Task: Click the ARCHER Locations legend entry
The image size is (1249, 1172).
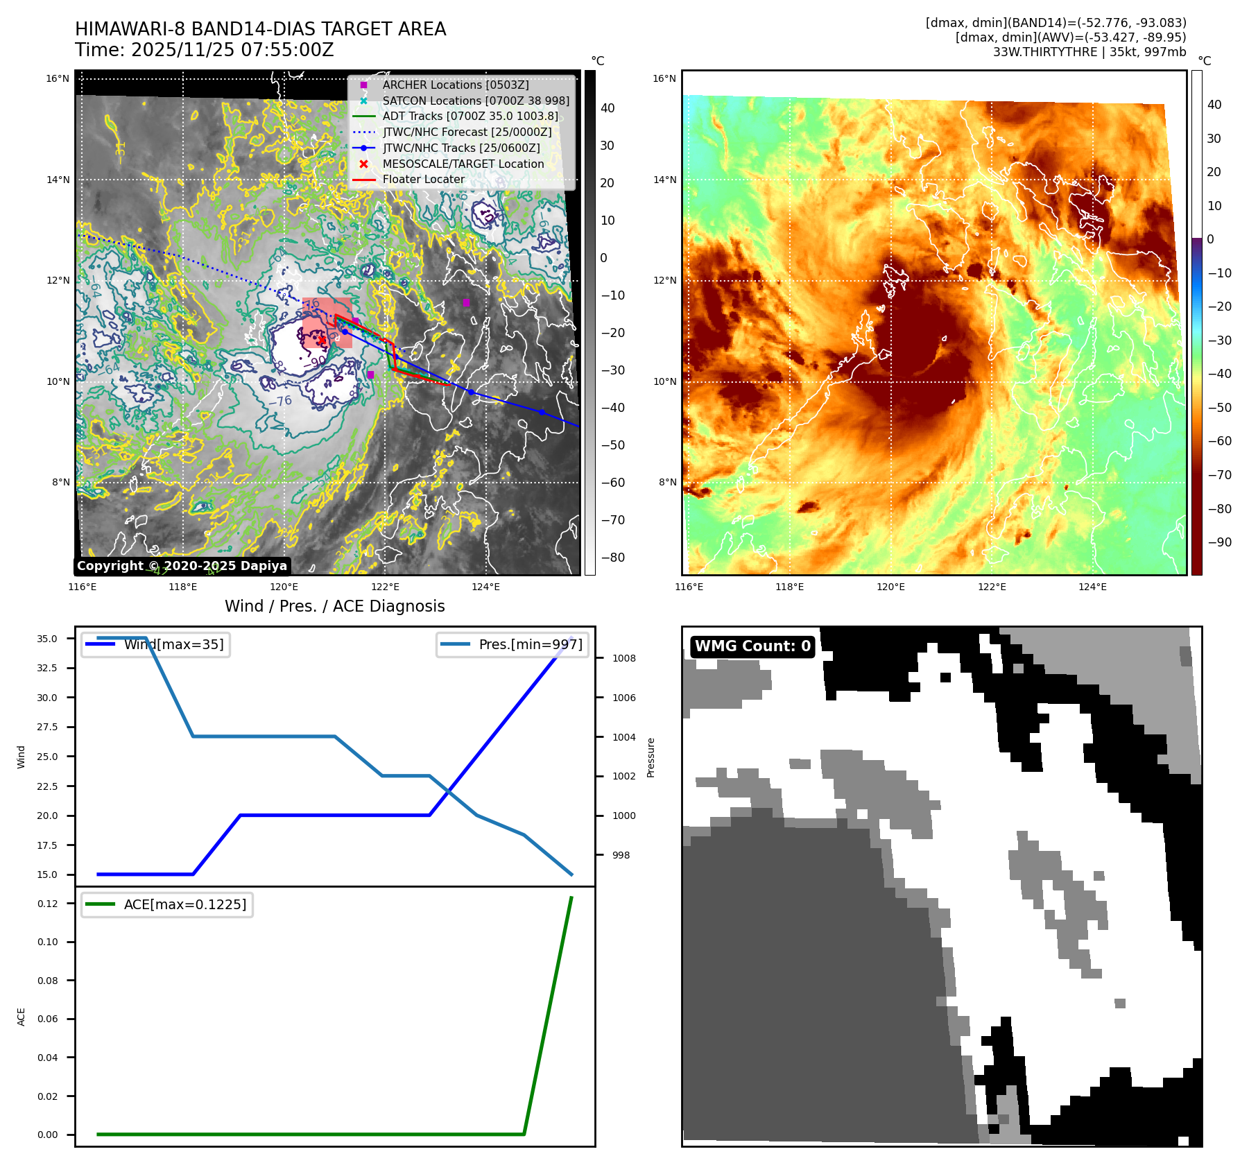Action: tap(455, 85)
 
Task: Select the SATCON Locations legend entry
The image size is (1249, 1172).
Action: tap(475, 101)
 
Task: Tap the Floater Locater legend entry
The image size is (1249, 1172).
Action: tap(423, 179)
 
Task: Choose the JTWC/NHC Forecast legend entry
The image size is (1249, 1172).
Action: tap(467, 132)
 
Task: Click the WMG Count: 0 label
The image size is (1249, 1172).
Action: tap(752, 646)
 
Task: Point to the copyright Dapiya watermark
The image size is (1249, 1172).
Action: tap(182, 566)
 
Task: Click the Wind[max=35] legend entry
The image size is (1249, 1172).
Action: tap(173, 644)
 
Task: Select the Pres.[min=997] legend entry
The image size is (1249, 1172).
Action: tap(530, 644)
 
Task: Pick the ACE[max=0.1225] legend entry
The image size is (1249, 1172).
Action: tap(184, 904)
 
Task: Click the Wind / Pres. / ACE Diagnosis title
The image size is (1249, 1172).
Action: tap(334, 606)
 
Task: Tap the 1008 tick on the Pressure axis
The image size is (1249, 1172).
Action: tap(623, 658)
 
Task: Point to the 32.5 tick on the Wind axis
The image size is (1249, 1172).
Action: tap(47, 668)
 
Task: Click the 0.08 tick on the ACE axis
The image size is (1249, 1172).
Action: tap(48, 981)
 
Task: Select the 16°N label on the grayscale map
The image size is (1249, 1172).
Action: tap(58, 78)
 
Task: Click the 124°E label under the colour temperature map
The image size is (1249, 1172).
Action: tap(1092, 587)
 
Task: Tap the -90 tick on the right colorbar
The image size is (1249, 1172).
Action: tap(1218, 542)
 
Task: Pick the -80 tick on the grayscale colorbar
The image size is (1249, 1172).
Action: tap(612, 558)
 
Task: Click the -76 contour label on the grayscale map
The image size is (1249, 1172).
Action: tap(280, 401)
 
